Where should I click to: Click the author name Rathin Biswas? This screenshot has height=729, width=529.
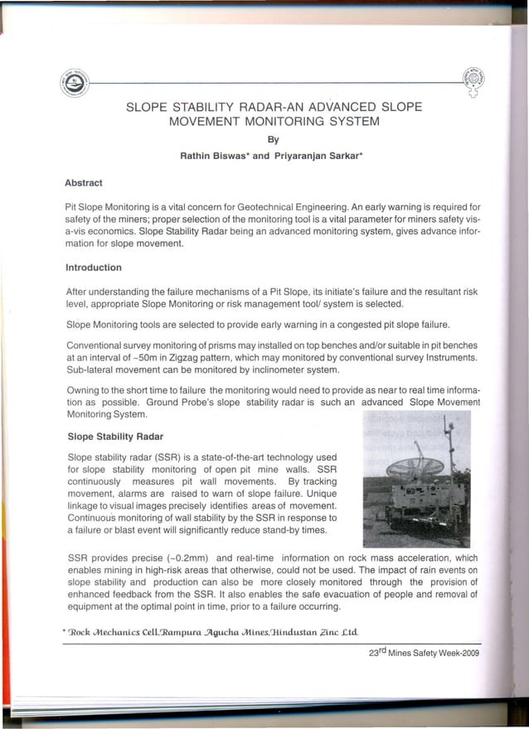[212, 155]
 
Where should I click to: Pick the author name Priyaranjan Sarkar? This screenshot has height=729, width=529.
[315, 155]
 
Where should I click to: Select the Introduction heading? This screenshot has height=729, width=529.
[93, 268]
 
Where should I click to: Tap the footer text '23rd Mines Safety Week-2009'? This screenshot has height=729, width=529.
[424, 652]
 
